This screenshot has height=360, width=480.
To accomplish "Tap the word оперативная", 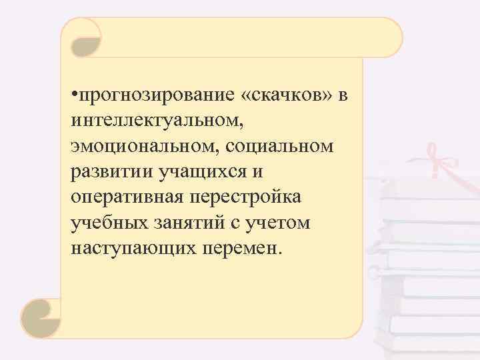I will pyautogui.click(x=127, y=197).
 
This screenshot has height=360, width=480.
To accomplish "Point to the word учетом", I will pyautogui.click(x=279, y=222).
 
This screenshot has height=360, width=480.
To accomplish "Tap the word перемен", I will pyautogui.click(x=242, y=247).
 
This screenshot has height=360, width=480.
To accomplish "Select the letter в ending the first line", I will pyautogui.click(x=343, y=98).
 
